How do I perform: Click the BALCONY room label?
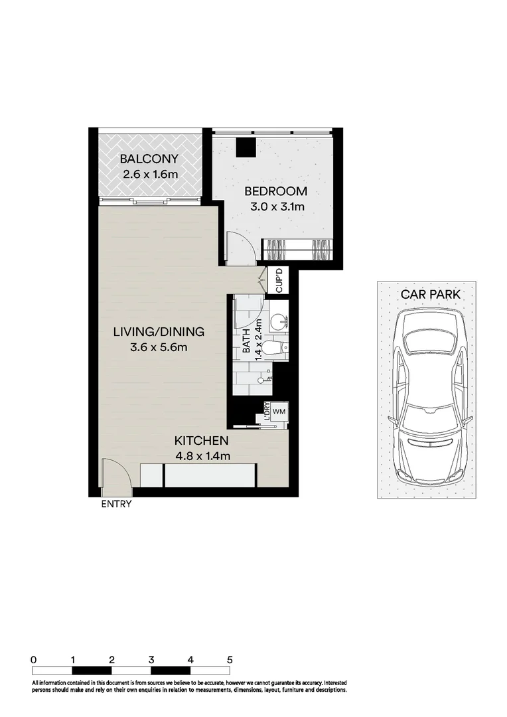149,159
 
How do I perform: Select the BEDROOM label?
275,191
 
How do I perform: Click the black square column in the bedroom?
246,147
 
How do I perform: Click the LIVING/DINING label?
158,332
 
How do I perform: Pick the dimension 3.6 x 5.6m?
158,347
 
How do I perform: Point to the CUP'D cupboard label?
279,280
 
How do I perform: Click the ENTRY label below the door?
116,504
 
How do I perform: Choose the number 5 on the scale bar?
230,660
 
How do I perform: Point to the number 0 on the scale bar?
33,660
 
